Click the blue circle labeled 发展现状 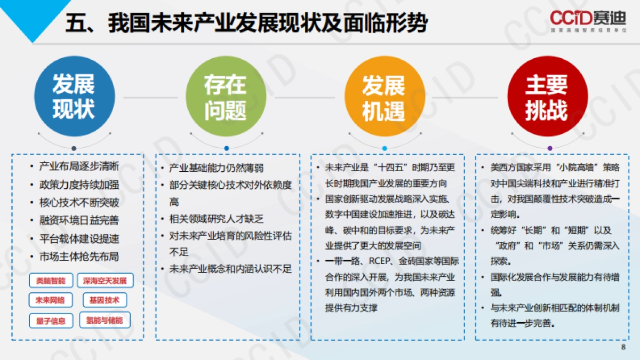coord(74,97)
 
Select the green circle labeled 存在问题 coord(225,97)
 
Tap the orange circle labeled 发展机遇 coord(384,97)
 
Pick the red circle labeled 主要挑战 coord(547,97)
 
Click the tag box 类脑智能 coord(51,281)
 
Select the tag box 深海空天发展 coord(105,281)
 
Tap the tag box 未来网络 coord(51,300)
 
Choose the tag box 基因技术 coord(105,300)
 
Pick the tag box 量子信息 coord(51,321)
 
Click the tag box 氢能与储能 coord(105,321)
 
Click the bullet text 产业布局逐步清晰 coord(79,166)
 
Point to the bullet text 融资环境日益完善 coord(79,220)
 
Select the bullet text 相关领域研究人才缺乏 coord(217,219)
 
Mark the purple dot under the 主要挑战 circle coord(550,148)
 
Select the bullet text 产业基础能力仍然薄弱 coord(217,169)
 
